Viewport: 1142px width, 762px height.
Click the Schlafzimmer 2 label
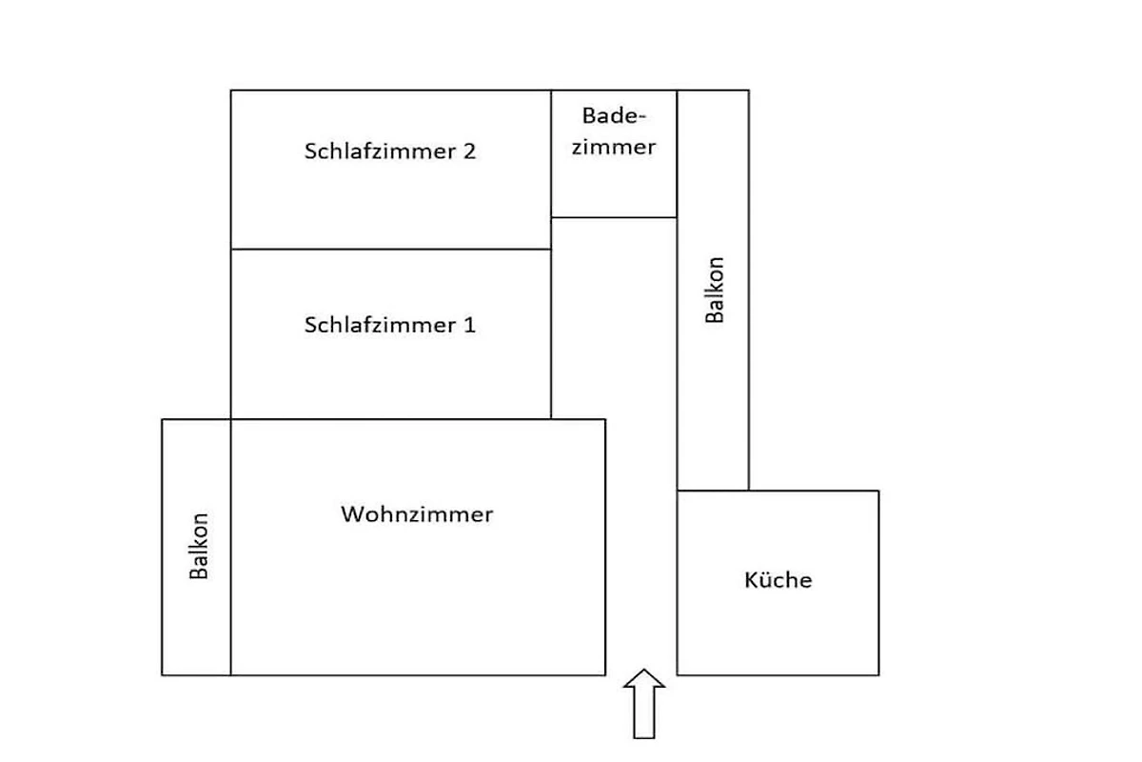coord(390,151)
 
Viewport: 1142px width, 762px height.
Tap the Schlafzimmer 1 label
coord(390,325)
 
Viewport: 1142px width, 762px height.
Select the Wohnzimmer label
coord(417,514)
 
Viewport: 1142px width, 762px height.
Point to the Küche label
coord(778,580)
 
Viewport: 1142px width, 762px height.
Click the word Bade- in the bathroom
coord(614,116)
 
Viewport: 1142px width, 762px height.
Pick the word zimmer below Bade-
coord(614,147)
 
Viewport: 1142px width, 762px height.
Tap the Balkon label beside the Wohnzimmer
coord(199,546)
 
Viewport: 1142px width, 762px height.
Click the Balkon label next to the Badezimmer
coord(715,290)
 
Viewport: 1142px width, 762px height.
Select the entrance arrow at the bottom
coord(644,704)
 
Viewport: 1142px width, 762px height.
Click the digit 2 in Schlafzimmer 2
coord(469,151)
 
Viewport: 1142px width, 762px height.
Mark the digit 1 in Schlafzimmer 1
coord(469,325)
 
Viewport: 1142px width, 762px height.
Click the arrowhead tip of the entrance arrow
coord(644,669)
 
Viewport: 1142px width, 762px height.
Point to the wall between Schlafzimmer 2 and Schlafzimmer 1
coord(391,250)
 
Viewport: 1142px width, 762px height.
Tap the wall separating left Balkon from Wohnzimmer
coord(231,547)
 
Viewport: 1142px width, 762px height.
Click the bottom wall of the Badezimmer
coord(614,217)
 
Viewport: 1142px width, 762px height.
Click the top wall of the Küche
coord(778,491)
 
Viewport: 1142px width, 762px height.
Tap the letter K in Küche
coord(751,580)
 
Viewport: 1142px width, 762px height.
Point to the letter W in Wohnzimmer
coord(353,514)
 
